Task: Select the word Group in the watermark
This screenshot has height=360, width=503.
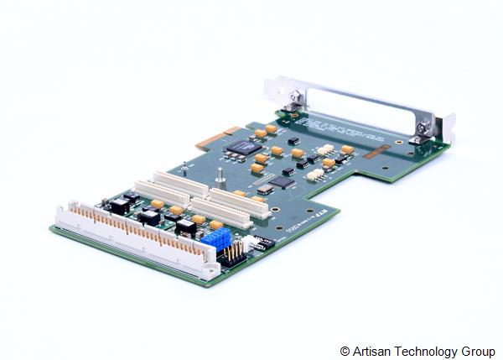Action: point(479,350)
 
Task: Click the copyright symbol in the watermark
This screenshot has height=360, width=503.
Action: point(345,350)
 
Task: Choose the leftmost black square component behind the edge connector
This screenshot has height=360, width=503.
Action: point(118,206)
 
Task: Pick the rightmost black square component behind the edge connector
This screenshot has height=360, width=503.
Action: point(186,226)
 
